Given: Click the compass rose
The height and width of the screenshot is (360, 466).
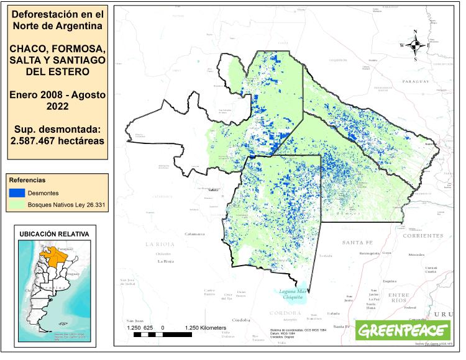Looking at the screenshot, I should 415,45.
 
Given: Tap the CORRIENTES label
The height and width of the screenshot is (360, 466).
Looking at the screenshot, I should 423,236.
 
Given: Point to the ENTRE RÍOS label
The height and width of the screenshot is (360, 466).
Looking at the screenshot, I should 398,297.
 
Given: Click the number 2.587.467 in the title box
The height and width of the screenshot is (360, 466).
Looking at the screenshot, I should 34,140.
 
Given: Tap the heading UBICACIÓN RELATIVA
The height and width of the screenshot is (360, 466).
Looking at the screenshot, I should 54,234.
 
